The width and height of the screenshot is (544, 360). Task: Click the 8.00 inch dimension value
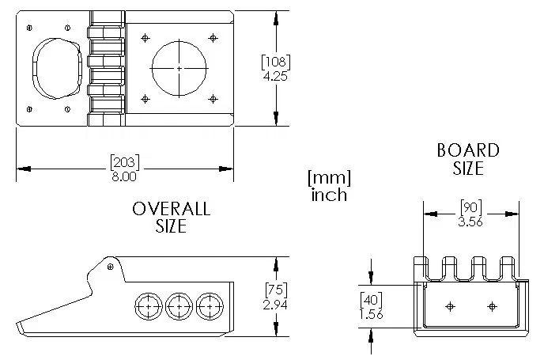pyautogui.click(x=124, y=176)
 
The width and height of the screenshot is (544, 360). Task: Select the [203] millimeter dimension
pyautogui.click(x=124, y=163)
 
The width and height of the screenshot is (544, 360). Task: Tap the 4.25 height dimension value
pyautogui.click(x=276, y=76)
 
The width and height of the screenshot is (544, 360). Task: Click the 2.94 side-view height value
pyautogui.click(x=276, y=304)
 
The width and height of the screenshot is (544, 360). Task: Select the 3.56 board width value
pyautogui.click(x=472, y=222)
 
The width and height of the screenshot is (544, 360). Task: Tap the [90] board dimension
pyautogui.click(x=472, y=208)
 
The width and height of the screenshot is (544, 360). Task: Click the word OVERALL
pyautogui.click(x=171, y=209)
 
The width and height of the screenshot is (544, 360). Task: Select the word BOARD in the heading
pyautogui.click(x=468, y=150)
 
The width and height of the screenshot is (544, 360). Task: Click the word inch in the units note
pyautogui.click(x=328, y=194)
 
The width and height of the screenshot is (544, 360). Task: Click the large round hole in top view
pyautogui.click(x=179, y=69)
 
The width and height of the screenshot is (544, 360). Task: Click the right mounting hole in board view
pyautogui.click(x=492, y=305)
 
